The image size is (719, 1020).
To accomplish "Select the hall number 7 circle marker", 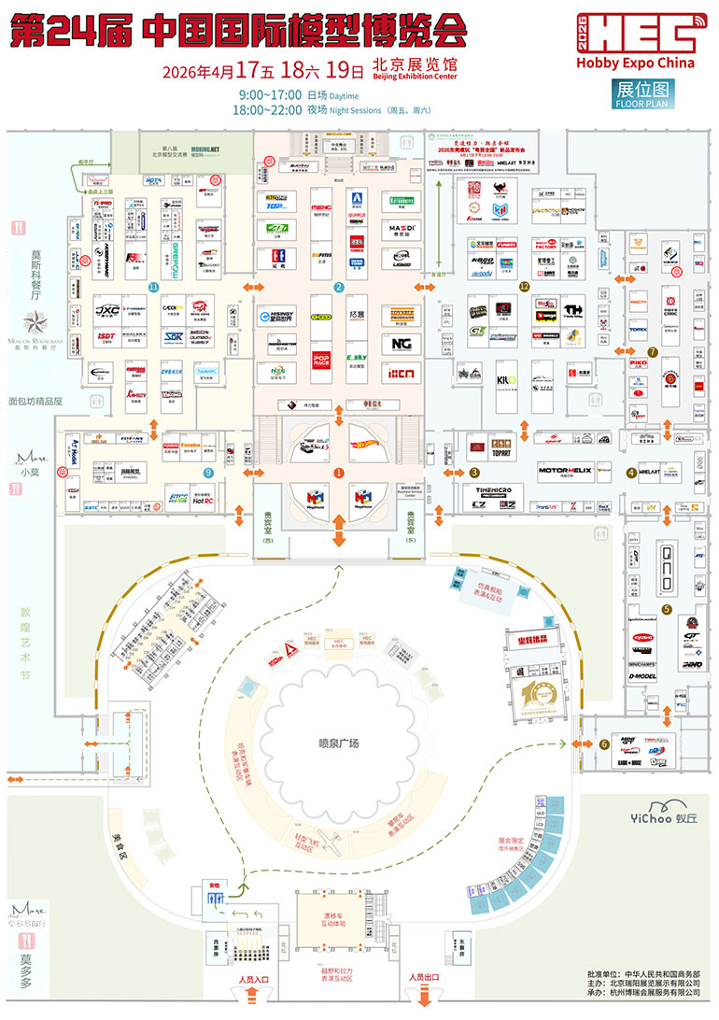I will click(653, 352).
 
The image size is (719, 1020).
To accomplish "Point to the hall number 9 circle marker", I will click(208, 473).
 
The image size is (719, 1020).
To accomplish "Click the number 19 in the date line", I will click(345, 69).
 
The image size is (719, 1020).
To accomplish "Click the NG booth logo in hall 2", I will click(402, 344).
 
